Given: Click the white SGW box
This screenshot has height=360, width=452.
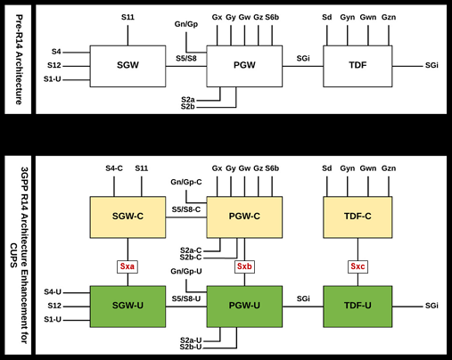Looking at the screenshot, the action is point(127,66).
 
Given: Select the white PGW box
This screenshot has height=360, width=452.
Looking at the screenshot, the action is point(244,66).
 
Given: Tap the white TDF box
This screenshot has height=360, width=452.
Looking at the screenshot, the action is point(357,66).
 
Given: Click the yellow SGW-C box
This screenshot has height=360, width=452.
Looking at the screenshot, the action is point(127,217).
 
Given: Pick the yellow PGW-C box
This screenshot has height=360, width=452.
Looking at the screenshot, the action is point(244,217).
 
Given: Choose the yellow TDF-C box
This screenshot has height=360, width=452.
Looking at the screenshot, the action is point(357,217).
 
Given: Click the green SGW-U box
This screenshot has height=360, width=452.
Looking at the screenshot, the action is point(127,307).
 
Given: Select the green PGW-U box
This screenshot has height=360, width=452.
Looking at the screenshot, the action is point(244,307).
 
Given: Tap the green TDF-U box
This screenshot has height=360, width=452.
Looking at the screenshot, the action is point(357,307).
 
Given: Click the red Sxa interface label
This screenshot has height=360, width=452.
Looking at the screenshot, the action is point(127,266).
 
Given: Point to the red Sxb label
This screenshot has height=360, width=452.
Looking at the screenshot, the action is point(244,266).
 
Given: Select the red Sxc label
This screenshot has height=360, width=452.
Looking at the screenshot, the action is point(357,266).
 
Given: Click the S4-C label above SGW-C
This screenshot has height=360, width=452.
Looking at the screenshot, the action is point(114,168).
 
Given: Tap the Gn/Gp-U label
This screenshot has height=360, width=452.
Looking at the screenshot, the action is point(186,271).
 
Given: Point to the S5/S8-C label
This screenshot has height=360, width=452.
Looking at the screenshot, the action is point(186,209).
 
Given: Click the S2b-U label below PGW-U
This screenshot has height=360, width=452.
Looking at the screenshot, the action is point(191,347).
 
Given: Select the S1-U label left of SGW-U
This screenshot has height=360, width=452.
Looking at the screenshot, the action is point(53,319).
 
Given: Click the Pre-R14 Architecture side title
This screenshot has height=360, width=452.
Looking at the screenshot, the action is point(19,60).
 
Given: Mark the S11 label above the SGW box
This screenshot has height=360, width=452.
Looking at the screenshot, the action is point(127,17).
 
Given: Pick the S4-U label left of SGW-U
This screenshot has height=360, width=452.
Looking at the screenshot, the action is point(53,292).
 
